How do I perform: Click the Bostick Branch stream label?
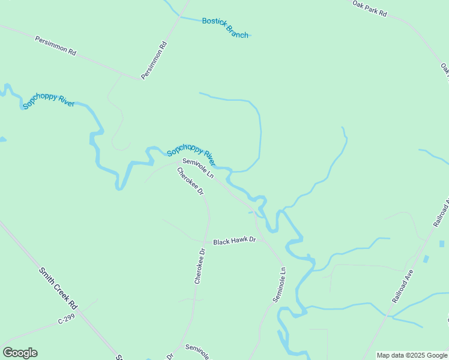225,28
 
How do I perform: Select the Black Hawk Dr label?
235,241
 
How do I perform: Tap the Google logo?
20,353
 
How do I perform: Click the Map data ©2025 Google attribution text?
412,355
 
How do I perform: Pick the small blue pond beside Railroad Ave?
426,259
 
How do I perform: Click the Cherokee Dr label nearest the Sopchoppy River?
190,181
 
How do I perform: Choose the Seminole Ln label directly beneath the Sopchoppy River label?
198,168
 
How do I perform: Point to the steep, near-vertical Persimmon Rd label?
154,61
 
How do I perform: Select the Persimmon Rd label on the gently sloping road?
55,46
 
